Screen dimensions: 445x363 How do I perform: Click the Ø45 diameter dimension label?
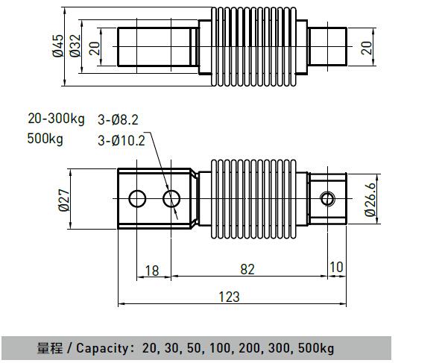tap(58, 46)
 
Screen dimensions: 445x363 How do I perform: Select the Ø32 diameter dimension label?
tap(75, 46)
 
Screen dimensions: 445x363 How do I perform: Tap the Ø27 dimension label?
tap(64, 201)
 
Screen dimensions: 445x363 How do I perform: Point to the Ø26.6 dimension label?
tap(370, 200)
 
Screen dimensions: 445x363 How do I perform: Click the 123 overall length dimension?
tap(230, 297)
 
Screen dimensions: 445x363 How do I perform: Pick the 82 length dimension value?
tap(247, 269)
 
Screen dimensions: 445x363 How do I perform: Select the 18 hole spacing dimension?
tap(152, 271)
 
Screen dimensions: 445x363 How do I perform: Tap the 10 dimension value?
tap(337, 268)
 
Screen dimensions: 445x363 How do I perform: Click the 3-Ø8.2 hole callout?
tap(118, 120)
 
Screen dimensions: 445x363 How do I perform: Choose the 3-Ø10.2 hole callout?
tap(121, 141)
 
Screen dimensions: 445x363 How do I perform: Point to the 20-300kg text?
tap(56, 119)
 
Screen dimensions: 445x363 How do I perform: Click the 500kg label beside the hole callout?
tap(45, 139)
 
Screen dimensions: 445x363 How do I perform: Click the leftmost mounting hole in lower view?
tap(137, 199)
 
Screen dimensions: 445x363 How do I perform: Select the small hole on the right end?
tap(328, 199)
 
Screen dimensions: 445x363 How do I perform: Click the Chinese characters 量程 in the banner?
tap(50, 348)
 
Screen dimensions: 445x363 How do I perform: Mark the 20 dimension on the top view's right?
tap(366, 48)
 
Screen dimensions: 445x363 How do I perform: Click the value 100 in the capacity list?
tap(220, 348)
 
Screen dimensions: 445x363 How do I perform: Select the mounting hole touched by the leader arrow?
tap(171, 199)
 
